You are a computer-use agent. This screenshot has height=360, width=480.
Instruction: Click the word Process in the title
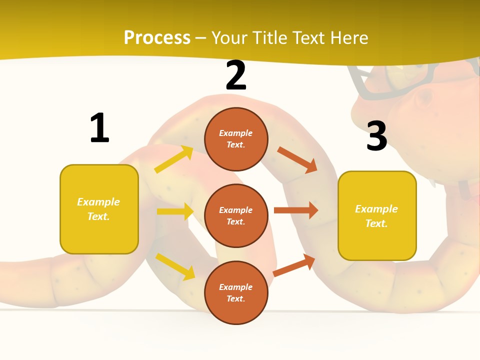pos(157,38)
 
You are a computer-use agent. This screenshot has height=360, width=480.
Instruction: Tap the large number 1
pos(99,128)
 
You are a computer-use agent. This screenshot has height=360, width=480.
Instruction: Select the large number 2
pos(236,75)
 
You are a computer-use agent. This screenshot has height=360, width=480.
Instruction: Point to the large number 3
pos(376,136)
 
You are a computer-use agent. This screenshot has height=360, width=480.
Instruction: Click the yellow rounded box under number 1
pos(99,209)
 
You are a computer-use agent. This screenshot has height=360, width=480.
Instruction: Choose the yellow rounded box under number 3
pos(377,216)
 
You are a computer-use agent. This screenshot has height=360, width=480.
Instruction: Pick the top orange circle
pos(236,139)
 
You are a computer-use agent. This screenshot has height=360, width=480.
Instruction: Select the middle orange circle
pos(236,215)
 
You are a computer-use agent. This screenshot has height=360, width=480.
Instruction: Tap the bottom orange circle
pos(236,292)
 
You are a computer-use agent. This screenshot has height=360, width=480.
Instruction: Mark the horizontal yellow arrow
pos(175,211)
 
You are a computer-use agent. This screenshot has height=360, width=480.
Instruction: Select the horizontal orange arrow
pos(296,210)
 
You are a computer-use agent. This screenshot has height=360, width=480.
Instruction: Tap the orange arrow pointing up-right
pos(294,265)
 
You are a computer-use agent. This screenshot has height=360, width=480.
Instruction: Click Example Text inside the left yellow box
pos(98,209)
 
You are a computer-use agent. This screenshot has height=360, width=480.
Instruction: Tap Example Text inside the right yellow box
pos(376,216)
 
